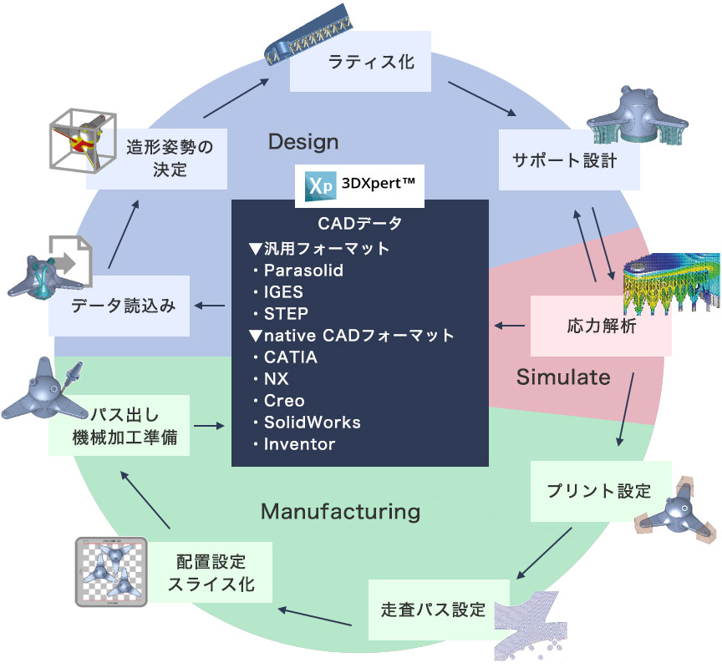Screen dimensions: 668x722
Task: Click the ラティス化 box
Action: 360,62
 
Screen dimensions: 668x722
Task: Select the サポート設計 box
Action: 569,159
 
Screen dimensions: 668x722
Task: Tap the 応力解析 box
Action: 601,326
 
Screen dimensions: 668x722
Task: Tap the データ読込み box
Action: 121,306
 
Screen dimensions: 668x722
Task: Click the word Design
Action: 303,142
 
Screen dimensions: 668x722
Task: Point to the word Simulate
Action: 563,377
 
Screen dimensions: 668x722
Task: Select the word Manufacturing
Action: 340,510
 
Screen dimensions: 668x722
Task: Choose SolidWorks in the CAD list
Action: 312,423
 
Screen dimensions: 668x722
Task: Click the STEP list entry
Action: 286,314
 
